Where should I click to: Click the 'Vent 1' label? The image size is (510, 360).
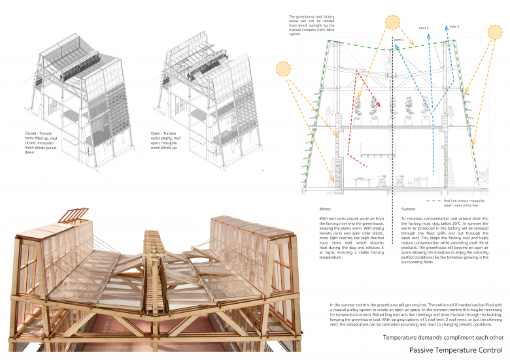pyautogui.click(x=398, y=41)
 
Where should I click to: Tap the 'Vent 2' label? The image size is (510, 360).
pyautogui.click(x=424, y=29)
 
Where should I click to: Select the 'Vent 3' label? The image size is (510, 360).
pyautogui.click(x=454, y=27)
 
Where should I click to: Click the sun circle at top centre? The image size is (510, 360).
pyautogui.click(x=392, y=22)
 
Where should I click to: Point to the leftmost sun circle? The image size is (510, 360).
pyautogui.click(x=284, y=69)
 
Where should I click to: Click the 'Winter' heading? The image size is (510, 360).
pyautogui.click(x=326, y=209)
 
